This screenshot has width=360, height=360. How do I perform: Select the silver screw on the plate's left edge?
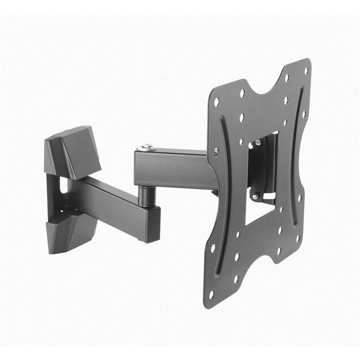215,151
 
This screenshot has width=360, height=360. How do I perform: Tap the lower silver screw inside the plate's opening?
255,198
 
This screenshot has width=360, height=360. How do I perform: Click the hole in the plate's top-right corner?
305,71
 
